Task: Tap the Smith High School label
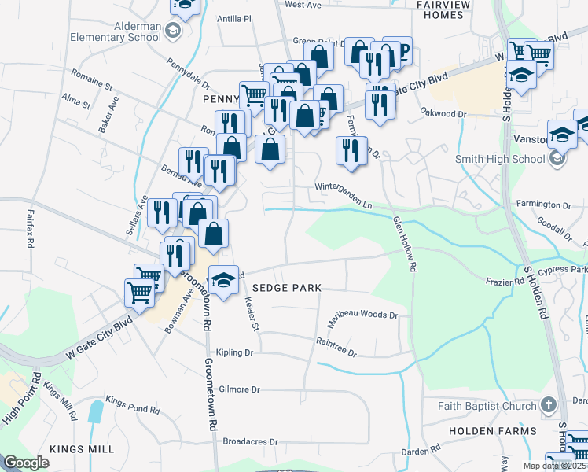tap(500, 159)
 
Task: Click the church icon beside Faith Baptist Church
tap(549, 406)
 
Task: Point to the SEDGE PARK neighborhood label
tap(286, 288)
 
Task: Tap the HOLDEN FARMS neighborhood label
tap(493, 431)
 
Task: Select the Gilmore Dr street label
tap(239, 389)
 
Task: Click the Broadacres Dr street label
tap(251, 441)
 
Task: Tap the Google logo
tap(26, 463)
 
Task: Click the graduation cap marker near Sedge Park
tap(223, 281)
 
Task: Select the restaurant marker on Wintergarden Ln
tap(351, 149)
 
